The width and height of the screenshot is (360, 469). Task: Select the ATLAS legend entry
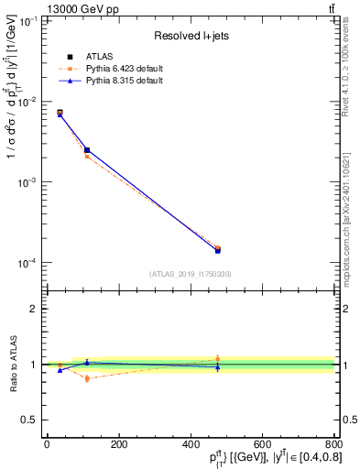[98, 57]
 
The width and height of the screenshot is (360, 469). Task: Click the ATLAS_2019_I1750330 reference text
[191, 273]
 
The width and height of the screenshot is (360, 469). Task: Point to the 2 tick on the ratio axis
[35, 309]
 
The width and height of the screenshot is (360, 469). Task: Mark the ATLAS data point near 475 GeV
[218, 249]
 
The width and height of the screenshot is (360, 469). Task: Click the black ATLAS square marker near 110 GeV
[87, 149]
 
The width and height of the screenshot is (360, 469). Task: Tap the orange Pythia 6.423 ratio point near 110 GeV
[87, 378]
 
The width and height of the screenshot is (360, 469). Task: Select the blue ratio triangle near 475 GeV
[218, 367]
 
